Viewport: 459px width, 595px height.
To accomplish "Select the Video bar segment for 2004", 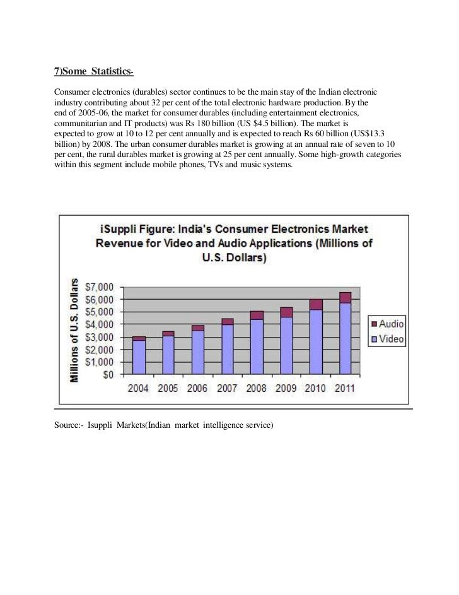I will coord(139,357).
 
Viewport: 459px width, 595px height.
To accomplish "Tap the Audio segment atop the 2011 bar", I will coord(345,297).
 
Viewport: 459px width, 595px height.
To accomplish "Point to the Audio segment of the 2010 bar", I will coord(315,304).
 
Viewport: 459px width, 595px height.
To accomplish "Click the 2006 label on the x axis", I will coord(197,388).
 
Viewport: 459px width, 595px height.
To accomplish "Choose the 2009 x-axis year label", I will coord(286,388).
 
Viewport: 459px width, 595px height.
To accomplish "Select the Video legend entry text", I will coord(392,339).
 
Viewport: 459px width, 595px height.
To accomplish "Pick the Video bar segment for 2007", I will coord(227,350).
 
